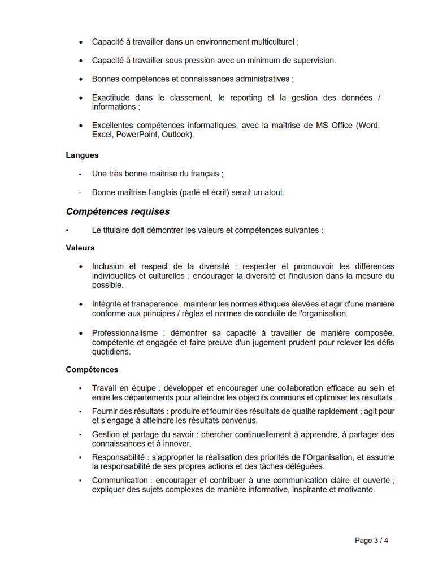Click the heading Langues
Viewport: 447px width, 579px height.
pyautogui.click(x=82, y=155)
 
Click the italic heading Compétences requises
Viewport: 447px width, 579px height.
pyautogui.click(x=118, y=212)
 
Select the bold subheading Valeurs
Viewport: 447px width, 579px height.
pyautogui.click(x=80, y=248)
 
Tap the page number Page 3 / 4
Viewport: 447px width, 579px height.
pyautogui.click(x=371, y=541)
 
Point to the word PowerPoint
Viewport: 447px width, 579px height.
pyautogui.click(x=135, y=135)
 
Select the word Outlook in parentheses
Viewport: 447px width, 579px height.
pyautogui.click(x=177, y=135)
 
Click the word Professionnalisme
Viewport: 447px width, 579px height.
pyautogui.click(x=125, y=333)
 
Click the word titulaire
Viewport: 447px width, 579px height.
pyautogui.click(x=119, y=230)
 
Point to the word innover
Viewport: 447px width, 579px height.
pyautogui.click(x=176, y=443)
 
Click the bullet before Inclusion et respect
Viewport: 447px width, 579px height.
pyautogui.click(x=80, y=267)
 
